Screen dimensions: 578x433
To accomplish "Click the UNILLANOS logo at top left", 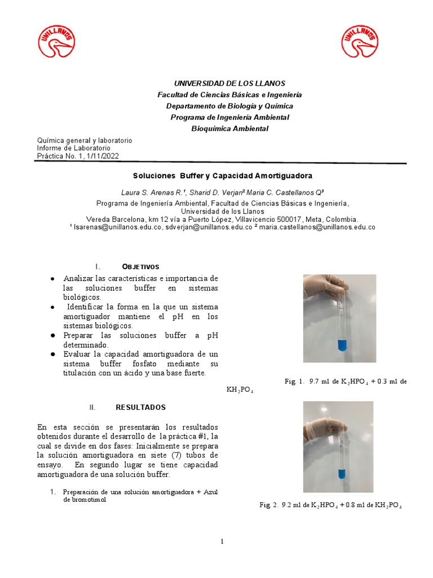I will point(56,42).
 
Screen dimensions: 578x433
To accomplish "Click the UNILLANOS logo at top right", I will point(360,42).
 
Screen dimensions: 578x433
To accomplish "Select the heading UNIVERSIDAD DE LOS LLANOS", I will point(229,83).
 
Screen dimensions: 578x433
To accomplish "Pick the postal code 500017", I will point(289,219).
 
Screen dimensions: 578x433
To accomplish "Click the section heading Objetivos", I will point(141,266).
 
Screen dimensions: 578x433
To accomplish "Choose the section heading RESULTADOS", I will point(141,407).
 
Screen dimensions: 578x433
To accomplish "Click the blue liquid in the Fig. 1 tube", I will point(341,344).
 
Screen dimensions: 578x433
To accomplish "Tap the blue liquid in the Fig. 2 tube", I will point(342,474).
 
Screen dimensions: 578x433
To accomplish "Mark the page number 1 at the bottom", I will point(222,542).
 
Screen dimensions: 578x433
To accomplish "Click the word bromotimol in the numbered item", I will point(87,500).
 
